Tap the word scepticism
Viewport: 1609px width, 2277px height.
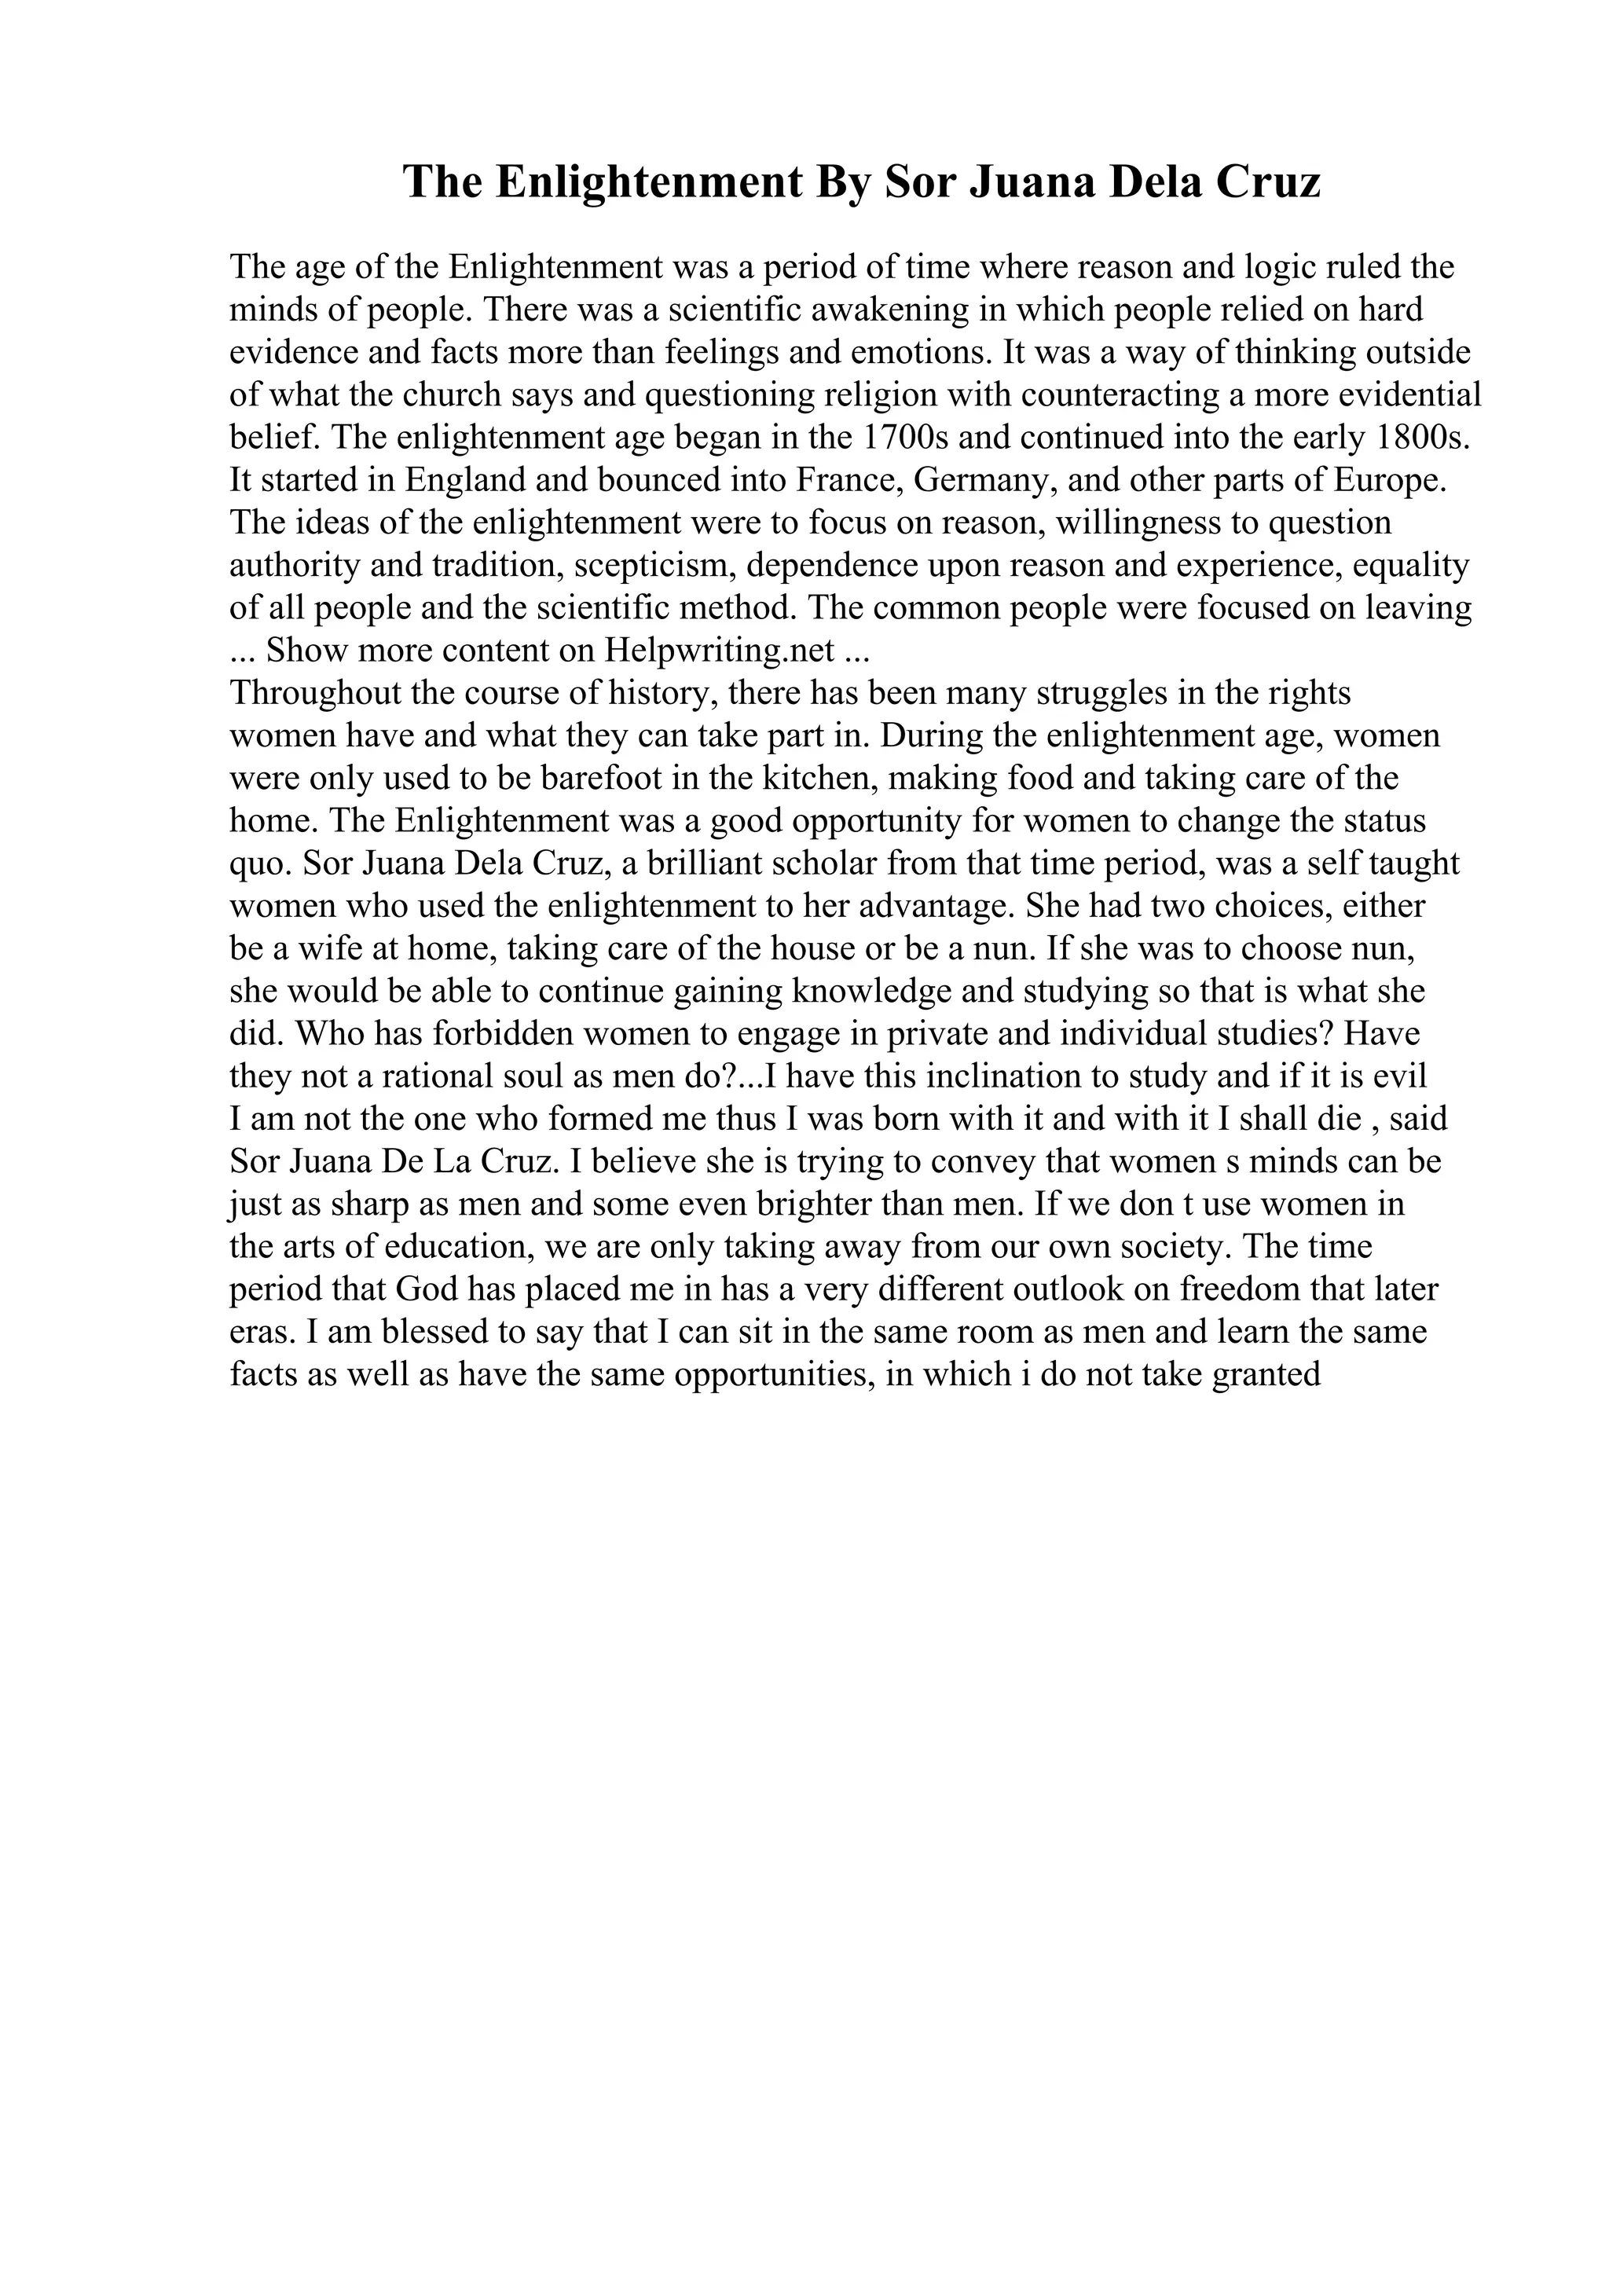tap(655, 565)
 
